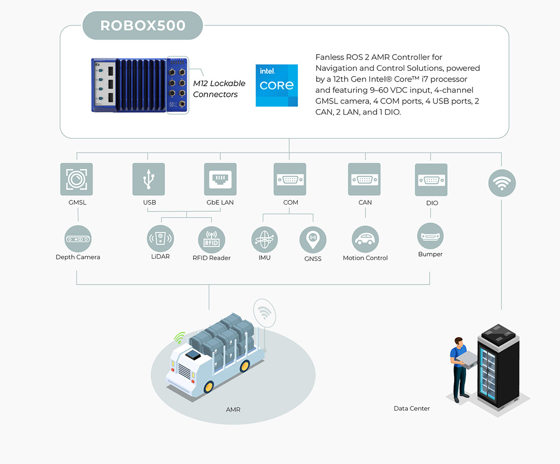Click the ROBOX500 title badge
pos(143,25)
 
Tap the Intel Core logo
pos(276,85)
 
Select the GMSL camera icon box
pos(76,179)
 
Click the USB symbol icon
pos(149,179)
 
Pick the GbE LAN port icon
pos(220,179)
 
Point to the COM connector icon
pos(290,179)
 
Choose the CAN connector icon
pos(365,179)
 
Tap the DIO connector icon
pos(431,180)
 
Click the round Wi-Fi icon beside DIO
pos(502,183)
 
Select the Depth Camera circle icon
pos(78,239)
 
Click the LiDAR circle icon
pos(160,239)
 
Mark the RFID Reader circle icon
pos(212,240)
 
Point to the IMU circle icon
pos(265,240)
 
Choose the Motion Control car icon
pos(365,239)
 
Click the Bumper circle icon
pos(430,236)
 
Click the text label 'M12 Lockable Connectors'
pos(219,89)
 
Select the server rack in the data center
pos(499,367)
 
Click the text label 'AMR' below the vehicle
pos(233,409)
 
